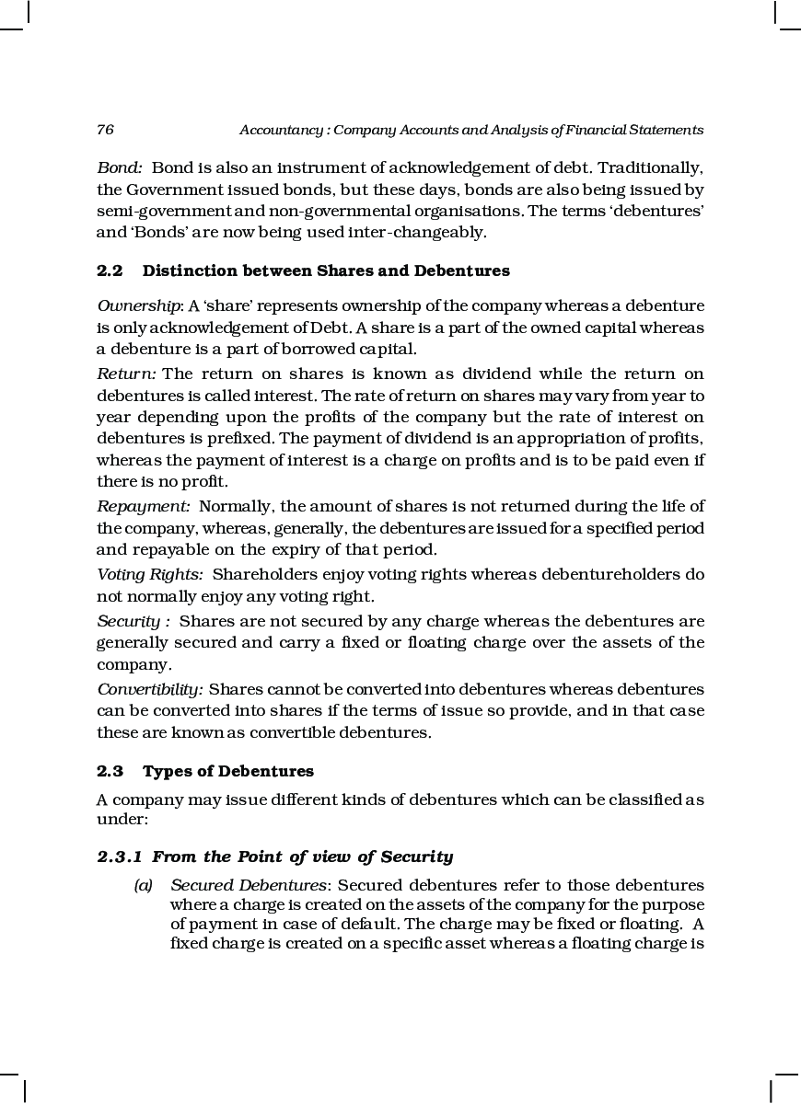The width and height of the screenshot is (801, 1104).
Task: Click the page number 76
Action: [x=105, y=131]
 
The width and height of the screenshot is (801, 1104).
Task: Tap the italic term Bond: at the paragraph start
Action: [x=120, y=168]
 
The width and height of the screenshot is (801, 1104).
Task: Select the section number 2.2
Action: [x=110, y=271]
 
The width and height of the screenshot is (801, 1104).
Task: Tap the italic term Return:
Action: [x=127, y=374]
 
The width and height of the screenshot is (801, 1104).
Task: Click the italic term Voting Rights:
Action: [x=150, y=575]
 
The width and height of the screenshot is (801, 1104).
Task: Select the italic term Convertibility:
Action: [x=150, y=689]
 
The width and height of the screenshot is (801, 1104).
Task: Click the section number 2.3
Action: [x=110, y=771]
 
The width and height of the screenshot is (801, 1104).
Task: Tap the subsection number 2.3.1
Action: [x=120, y=857]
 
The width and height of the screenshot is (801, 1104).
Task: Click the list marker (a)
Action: [x=143, y=886]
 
